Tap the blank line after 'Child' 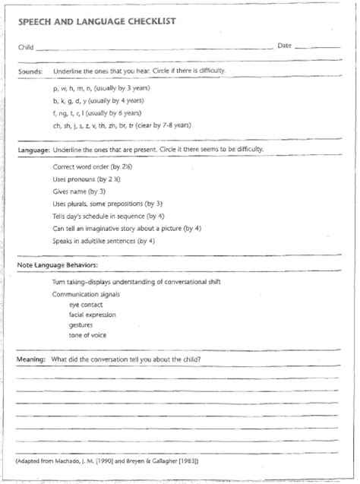tap(152, 51)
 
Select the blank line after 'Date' tap(317, 50)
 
